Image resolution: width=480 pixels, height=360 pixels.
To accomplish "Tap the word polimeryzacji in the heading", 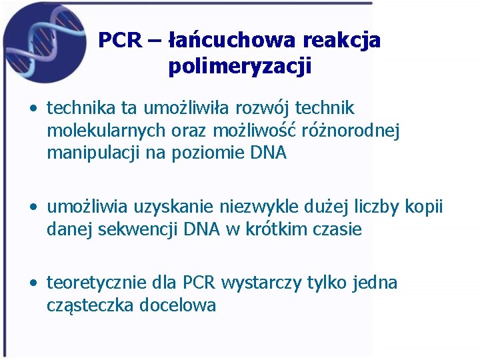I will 240,67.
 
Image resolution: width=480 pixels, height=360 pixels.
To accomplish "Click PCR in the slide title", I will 120,41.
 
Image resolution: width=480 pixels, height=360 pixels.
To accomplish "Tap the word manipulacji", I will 92,153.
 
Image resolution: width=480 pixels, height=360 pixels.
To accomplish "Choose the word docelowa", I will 177,306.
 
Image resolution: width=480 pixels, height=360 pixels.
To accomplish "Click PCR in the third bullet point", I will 199,283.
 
